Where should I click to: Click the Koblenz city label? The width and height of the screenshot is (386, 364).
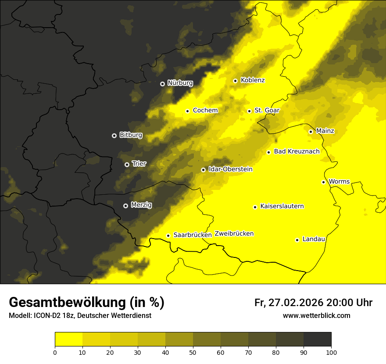pos(253,80)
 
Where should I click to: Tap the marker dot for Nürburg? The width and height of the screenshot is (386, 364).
pos(162,83)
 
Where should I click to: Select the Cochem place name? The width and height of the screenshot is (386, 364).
pos(205,111)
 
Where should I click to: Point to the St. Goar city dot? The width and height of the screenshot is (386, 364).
pos(249,111)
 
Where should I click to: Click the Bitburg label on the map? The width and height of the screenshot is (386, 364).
pos(131,135)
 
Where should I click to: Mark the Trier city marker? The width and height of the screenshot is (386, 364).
pos(127,164)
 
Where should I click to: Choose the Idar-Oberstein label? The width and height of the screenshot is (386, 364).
pos(230,169)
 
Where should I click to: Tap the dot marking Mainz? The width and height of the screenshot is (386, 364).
pos(311,132)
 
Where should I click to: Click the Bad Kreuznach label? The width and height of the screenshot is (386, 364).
pos(297,152)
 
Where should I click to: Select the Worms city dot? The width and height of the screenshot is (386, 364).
pos(323,182)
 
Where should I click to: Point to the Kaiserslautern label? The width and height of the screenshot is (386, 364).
pos(282,206)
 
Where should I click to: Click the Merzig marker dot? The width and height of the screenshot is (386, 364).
pos(125,205)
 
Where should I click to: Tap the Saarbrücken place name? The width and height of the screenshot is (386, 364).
pos(193,235)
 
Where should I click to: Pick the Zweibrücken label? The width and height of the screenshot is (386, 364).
pos(234,234)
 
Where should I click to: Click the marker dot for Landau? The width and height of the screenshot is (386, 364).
pos(297,240)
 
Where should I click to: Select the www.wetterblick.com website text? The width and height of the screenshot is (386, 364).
pos(316,316)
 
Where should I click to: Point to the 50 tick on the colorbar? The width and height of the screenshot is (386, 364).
pos(193,352)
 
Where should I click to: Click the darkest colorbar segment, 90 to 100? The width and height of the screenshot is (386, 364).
pos(317,339)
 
